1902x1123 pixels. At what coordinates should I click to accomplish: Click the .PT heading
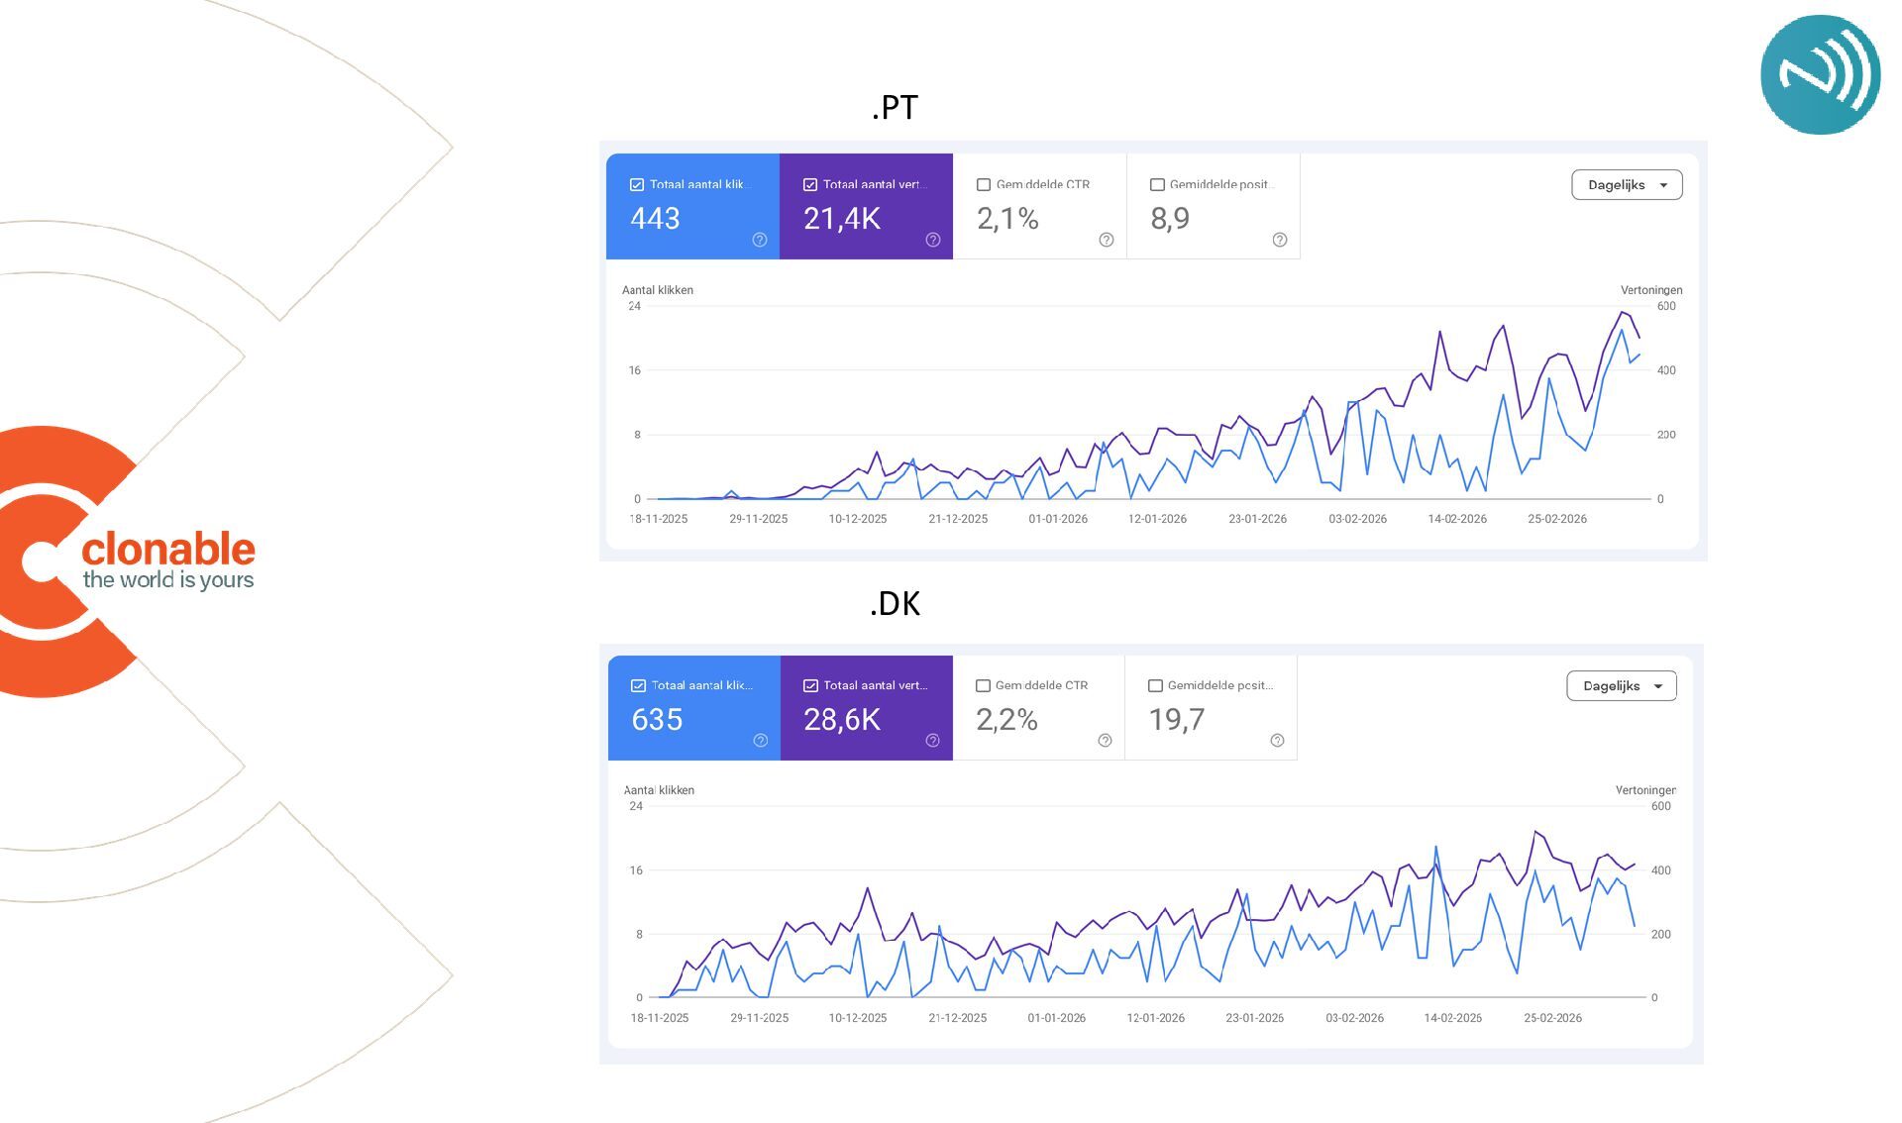[x=895, y=107]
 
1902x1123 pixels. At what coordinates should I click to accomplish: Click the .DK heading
[x=895, y=603]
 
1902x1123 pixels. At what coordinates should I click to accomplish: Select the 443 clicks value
[x=655, y=219]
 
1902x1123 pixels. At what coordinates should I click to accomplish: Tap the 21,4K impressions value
[x=841, y=219]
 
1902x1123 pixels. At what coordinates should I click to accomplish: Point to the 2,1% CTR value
[x=1007, y=219]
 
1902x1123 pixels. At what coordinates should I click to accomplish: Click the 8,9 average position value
[x=1170, y=219]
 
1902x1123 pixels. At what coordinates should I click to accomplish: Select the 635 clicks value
[x=657, y=720]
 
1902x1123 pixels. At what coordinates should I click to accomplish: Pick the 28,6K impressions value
[x=841, y=720]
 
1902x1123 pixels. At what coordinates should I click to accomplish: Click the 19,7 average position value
[x=1176, y=720]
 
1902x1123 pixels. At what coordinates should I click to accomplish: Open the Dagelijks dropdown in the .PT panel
[x=1627, y=185]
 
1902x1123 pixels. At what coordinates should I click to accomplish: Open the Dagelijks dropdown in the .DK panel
[x=1622, y=686]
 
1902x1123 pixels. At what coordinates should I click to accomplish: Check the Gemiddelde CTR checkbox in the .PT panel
[x=984, y=185]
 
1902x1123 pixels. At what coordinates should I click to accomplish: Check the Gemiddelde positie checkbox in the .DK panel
[x=1155, y=686]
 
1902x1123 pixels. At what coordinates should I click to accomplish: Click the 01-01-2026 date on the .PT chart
[x=1058, y=519]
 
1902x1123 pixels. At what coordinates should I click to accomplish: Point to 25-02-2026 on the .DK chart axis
[x=1552, y=1018]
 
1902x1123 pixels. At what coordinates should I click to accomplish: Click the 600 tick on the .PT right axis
[x=1666, y=306]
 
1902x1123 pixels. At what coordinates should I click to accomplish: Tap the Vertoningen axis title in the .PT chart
[x=1651, y=290]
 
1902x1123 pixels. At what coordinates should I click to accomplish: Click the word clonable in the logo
[x=168, y=549]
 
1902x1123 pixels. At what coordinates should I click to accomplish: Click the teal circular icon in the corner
[x=1820, y=75]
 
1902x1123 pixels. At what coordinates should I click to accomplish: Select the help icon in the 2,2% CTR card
[x=1105, y=741]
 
